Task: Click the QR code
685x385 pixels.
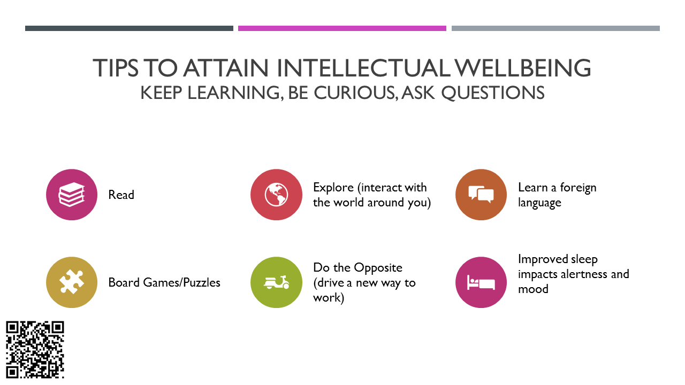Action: click(x=35, y=350)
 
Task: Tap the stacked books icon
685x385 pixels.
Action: click(x=72, y=195)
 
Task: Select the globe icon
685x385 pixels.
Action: click(x=276, y=195)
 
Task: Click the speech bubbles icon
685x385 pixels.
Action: click(x=481, y=194)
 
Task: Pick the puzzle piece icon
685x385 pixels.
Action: click(x=72, y=282)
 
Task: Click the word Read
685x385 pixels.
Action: click(x=121, y=195)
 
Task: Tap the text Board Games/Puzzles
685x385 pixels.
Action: click(x=164, y=282)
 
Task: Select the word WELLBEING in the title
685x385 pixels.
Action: click(x=523, y=68)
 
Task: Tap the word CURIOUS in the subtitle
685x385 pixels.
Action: click(x=356, y=93)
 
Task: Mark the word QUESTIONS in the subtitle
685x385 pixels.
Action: click(x=493, y=93)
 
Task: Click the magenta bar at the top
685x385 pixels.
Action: click(x=342, y=28)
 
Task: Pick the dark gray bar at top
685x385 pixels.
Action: click(x=129, y=28)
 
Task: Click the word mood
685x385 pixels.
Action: click(x=533, y=289)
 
